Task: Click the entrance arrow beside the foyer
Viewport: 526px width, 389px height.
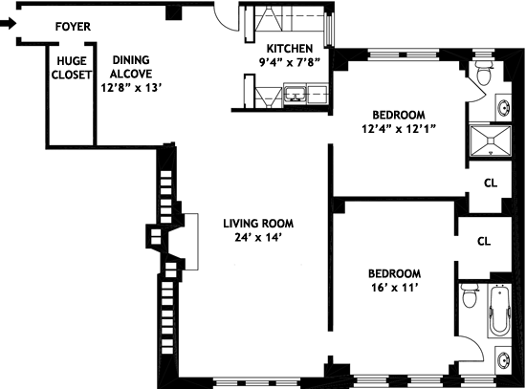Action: (8, 24)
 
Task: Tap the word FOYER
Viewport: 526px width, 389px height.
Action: (73, 27)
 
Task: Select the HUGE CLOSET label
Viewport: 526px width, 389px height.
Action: (71, 68)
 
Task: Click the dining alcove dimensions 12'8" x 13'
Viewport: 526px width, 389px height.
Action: (132, 88)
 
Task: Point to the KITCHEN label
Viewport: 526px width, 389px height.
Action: (290, 49)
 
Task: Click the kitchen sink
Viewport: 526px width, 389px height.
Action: (296, 94)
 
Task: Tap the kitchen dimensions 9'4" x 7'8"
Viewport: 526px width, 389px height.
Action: (290, 62)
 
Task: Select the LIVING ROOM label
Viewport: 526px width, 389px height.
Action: (258, 224)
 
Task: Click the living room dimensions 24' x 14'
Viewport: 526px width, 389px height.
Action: (257, 237)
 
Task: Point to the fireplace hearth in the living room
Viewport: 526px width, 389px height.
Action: (191, 242)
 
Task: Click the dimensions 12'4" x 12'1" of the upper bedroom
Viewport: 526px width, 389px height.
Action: (399, 129)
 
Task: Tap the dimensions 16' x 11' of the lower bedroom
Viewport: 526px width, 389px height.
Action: (394, 288)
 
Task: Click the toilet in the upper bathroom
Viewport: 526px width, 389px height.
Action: (483, 73)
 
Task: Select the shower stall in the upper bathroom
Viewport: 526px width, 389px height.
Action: (490, 140)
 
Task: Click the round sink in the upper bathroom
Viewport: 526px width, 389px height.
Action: (504, 108)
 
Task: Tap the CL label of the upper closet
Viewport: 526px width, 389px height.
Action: (491, 184)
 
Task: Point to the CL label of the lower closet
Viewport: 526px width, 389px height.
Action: (484, 241)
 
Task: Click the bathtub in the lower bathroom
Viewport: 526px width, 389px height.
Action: (499, 312)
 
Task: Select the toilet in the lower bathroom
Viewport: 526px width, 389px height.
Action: (470, 295)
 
